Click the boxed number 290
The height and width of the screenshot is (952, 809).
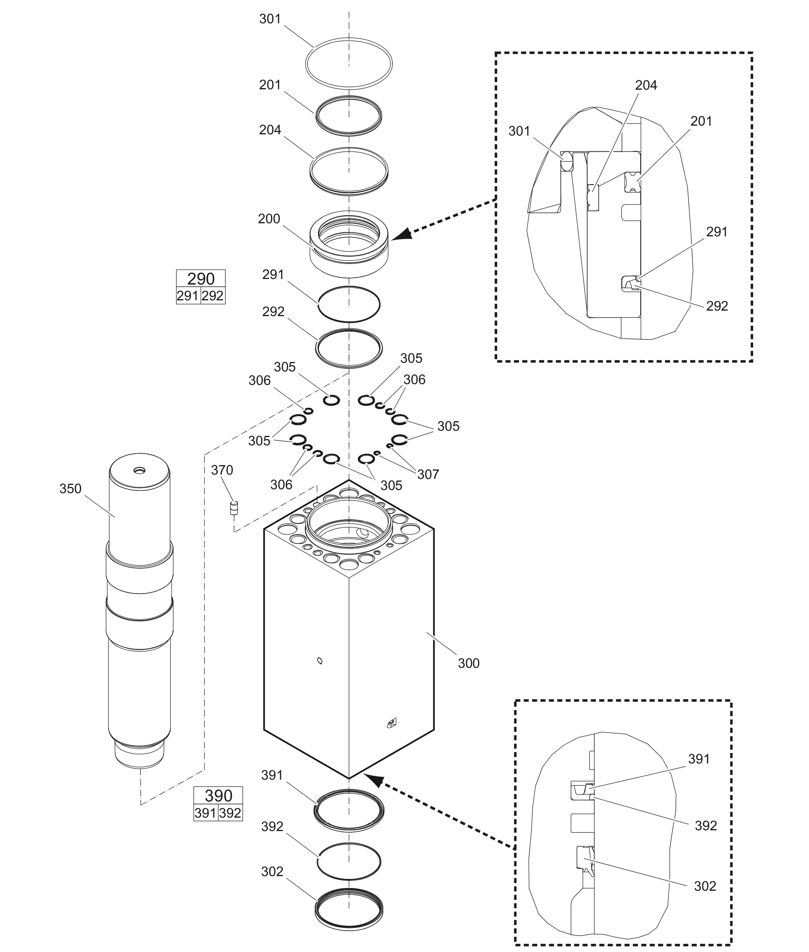[201, 279]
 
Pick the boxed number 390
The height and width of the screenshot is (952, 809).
[218, 795]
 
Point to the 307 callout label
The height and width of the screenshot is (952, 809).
[428, 474]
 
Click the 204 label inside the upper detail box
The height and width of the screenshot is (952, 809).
[646, 85]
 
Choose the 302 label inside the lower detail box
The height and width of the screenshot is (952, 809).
[705, 886]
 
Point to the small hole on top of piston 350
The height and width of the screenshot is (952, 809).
[139, 470]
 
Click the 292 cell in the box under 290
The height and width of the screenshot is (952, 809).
[213, 296]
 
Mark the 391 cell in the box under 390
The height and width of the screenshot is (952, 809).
[205, 813]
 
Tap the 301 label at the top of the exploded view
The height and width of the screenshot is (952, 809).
[270, 19]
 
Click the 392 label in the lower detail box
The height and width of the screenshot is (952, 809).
[706, 826]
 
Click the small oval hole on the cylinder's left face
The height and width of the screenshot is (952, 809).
[320, 661]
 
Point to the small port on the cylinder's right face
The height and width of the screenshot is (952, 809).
[391, 724]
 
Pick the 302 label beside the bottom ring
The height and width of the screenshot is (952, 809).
[272, 872]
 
